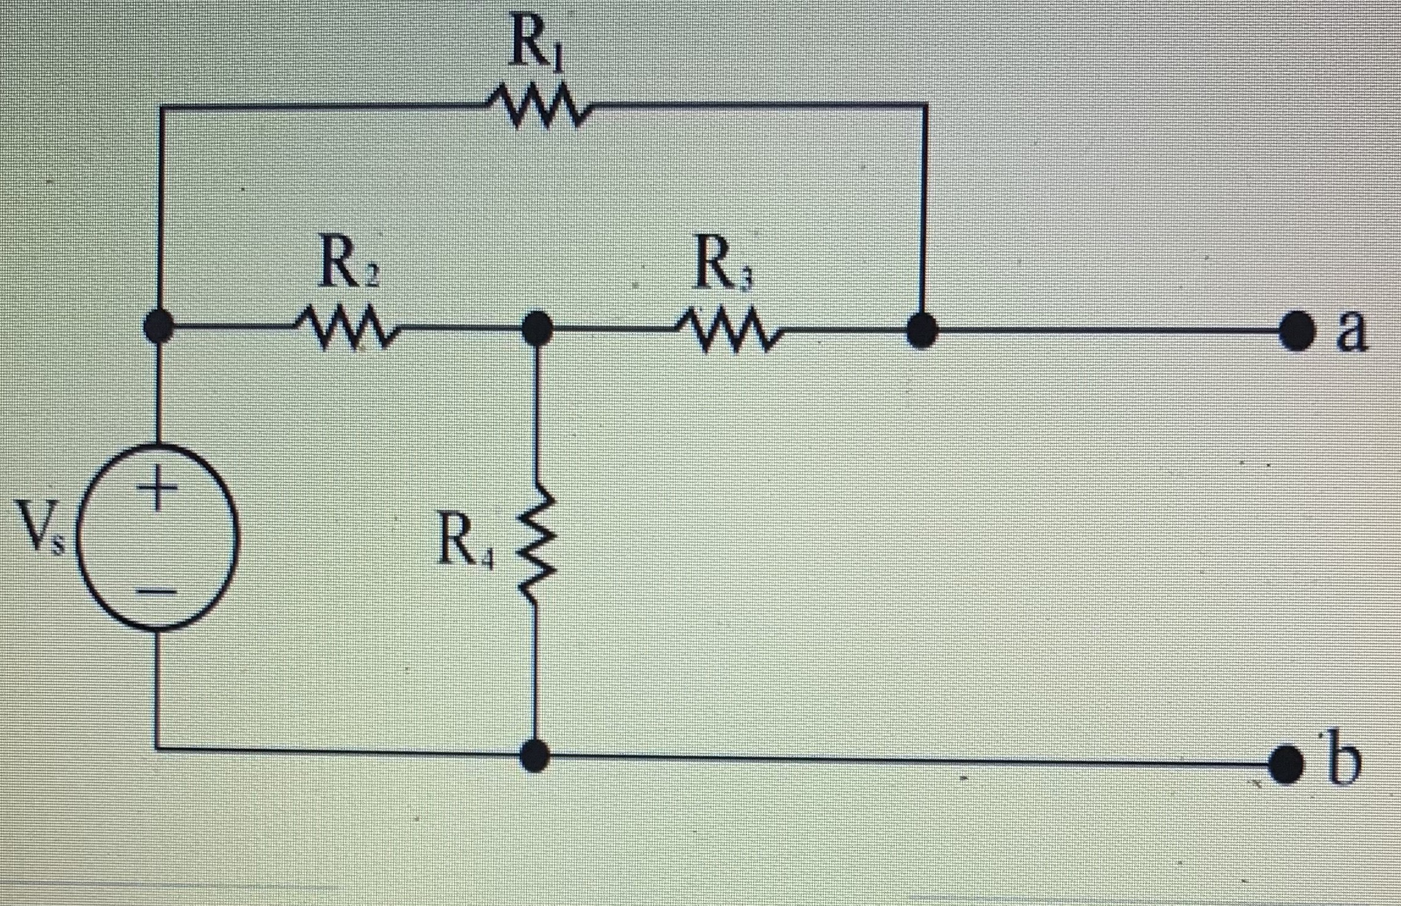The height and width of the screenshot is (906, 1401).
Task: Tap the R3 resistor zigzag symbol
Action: (727, 333)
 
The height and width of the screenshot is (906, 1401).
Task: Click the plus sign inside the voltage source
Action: (156, 488)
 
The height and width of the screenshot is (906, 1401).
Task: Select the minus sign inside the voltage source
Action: (156, 590)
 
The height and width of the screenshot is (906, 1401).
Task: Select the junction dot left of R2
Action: (159, 327)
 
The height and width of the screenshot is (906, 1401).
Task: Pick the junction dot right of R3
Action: (922, 332)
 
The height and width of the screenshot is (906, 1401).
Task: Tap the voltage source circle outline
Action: (235, 537)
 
